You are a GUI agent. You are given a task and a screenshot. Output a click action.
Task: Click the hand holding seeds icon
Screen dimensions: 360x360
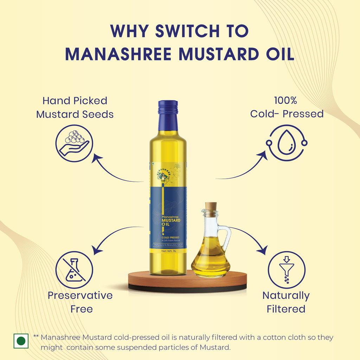click(74, 143)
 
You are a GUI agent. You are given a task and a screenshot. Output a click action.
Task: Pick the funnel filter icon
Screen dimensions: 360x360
click(287, 269)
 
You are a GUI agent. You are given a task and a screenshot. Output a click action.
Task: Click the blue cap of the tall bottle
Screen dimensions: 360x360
click(168, 108)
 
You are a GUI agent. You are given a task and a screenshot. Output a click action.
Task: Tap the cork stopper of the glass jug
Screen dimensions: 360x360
click(211, 207)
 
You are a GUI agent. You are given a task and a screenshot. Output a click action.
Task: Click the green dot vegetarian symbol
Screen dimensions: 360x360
click(21, 341)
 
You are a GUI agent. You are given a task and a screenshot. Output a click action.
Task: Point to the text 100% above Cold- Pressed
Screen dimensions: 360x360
click(285, 101)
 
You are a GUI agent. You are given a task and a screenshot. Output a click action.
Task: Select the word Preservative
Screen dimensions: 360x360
click(80, 295)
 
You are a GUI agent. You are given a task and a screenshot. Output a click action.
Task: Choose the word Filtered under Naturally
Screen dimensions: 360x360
click(286, 309)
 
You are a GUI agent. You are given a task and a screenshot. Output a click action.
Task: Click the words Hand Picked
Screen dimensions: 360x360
click(75, 101)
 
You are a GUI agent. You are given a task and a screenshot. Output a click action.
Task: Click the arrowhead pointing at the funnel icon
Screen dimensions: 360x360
click(262, 251)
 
